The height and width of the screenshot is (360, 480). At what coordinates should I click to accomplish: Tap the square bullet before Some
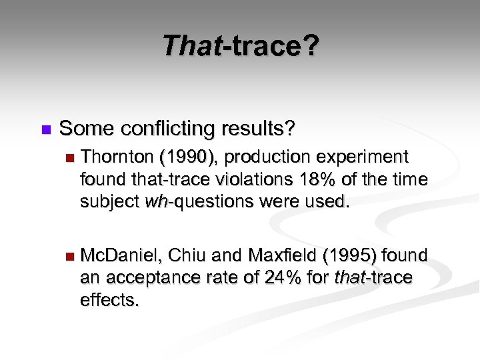pyautogui.click(x=45, y=128)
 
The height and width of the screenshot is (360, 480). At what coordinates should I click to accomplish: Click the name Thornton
pyautogui.click(x=116, y=157)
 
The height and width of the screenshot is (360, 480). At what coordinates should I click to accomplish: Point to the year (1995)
pyautogui.click(x=352, y=255)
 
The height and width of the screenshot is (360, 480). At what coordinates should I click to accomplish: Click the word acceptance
pyautogui.click(x=151, y=277)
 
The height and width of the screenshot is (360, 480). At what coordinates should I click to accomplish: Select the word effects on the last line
pyautogui.click(x=109, y=299)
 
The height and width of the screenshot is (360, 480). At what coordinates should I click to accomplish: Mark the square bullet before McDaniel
pyautogui.click(x=67, y=256)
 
